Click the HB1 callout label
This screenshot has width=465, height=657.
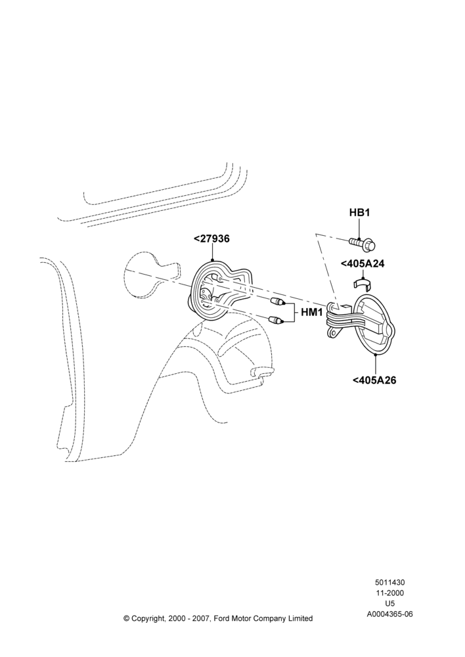point(359,213)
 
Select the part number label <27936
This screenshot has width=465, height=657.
point(212,239)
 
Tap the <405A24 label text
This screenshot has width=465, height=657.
point(363,264)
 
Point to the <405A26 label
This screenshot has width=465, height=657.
point(374,380)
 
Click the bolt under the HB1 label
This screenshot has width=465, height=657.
point(363,242)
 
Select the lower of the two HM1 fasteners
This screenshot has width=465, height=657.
point(278,321)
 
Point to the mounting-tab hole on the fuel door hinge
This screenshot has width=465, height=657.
point(334,331)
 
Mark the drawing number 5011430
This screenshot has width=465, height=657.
point(389,582)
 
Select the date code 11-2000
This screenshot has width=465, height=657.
point(389,593)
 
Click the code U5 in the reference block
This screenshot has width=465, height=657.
point(389,604)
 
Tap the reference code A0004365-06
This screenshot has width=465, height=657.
point(389,614)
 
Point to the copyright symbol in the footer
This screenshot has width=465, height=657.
point(127,618)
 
